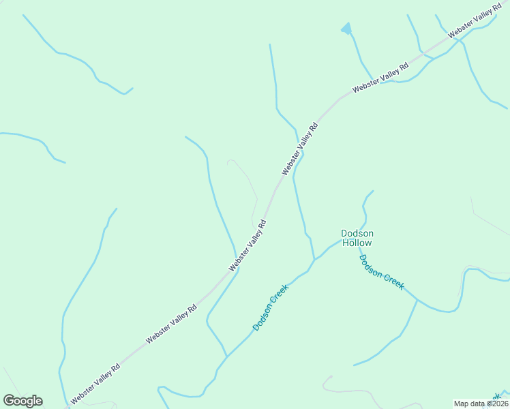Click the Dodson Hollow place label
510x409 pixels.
[357, 238]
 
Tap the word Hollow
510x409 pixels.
[357, 243]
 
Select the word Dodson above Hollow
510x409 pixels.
[357, 233]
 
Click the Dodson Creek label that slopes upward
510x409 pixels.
[271, 307]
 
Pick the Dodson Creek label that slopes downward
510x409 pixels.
[381, 272]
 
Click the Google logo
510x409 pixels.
[22, 401]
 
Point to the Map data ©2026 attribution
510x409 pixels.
[481, 404]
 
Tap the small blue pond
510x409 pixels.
[346, 29]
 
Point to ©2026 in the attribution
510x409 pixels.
[496, 404]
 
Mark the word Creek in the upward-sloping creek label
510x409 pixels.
[280, 297]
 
